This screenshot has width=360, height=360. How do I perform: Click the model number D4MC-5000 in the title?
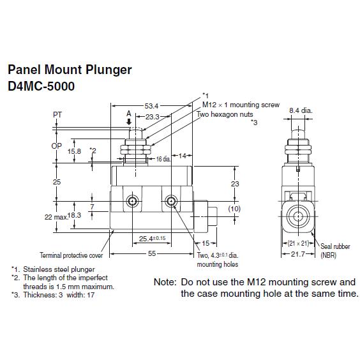pos(41,86)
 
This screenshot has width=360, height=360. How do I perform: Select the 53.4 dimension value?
pos(151,106)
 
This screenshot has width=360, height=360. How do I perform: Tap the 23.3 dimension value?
pos(152,117)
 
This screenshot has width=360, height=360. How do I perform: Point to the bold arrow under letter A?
pos(129,122)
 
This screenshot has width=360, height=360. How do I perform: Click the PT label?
pos(57,115)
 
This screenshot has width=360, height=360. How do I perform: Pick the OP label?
pos(56,146)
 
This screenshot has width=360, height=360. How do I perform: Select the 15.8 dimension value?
pos(74,151)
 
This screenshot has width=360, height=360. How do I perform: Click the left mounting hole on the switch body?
pos(133,201)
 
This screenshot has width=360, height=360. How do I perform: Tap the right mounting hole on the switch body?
pos(171,201)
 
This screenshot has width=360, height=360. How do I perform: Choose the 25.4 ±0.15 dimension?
pos(152,239)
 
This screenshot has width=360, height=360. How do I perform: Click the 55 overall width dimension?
pos(152,253)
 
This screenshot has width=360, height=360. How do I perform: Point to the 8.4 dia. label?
pos(301,110)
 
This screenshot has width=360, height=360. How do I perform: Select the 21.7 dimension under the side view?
pos(298,254)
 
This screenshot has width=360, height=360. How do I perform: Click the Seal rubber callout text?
pos(335,246)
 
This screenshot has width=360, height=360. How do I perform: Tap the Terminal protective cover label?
pos(71,255)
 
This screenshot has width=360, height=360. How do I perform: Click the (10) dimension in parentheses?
pos(234,209)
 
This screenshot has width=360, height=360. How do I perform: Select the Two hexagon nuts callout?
pos(225,114)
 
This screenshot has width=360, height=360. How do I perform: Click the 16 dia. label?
pos(163,159)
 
